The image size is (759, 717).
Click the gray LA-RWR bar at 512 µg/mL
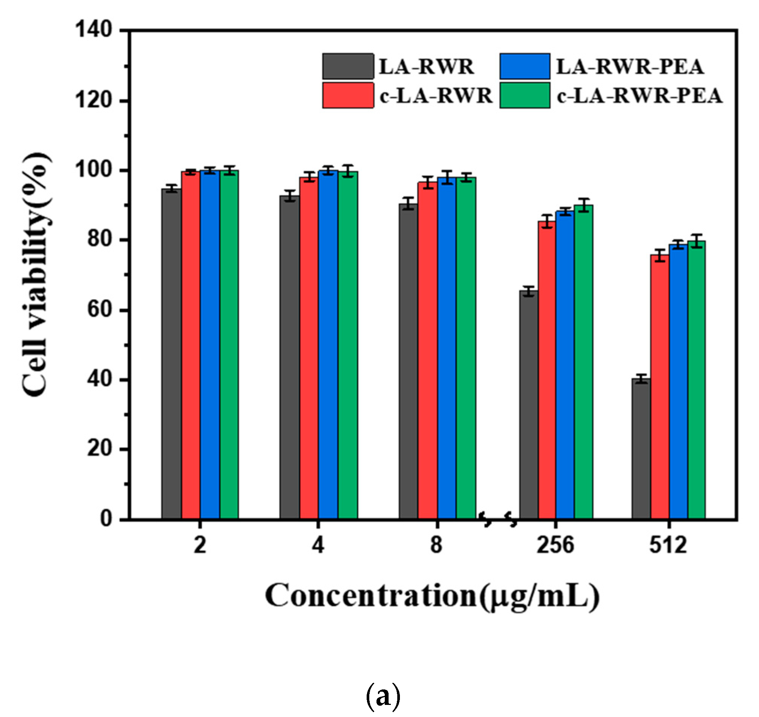click(x=641, y=449)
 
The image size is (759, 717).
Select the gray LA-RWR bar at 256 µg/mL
click(x=528, y=405)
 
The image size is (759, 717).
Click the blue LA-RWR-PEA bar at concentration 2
click(x=210, y=344)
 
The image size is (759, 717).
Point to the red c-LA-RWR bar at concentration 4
click(x=309, y=348)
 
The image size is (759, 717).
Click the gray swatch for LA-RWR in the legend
click(x=348, y=66)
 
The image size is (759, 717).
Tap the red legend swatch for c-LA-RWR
click(x=348, y=96)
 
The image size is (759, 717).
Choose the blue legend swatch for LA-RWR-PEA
click(x=525, y=66)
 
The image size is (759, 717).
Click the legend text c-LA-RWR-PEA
click(x=639, y=96)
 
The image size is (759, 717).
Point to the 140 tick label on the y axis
click(x=93, y=30)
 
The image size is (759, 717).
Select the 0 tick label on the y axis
click(x=106, y=519)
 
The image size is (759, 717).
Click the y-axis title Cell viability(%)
click(x=36, y=274)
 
